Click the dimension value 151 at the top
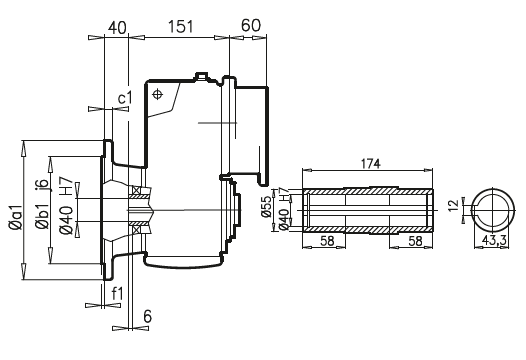(x=180, y=27)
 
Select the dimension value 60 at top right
(x=250, y=25)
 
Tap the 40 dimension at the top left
(x=117, y=28)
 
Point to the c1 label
(x=125, y=98)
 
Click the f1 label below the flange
(x=117, y=294)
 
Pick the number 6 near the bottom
(x=147, y=316)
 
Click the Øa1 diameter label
(x=16, y=217)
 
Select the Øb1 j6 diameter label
(x=42, y=204)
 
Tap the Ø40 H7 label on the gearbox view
(x=66, y=205)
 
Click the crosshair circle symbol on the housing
(x=157, y=95)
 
